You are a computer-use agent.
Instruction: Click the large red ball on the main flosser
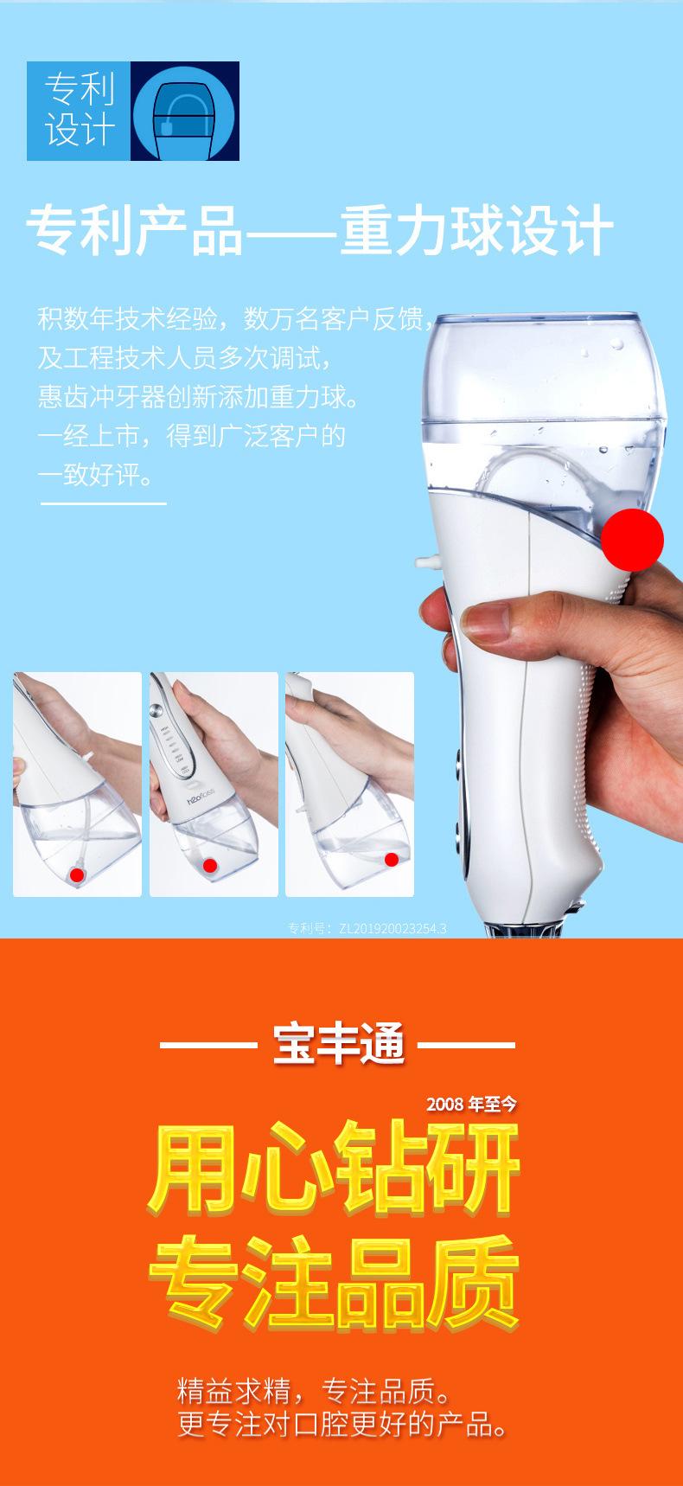pyautogui.click(x=632, y=539)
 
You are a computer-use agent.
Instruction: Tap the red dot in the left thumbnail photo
pyautogui.click(x=77, y=874)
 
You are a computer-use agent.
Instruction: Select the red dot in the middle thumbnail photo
pyautogui.click(x=209, y=865)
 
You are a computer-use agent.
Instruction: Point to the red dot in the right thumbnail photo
pyautogui.click(x=391, y=859)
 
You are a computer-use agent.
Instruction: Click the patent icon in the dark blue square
pyautogui.click(x=184, y=111)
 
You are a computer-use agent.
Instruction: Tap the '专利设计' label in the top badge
pyautogui.click(x=79, y=111)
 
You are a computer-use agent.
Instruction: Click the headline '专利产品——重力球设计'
pyautogui.click(x=320, y=230)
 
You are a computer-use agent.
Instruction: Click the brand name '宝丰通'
pyautogui.click(x=338, y=1044)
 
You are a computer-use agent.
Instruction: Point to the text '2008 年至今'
pyautogui.click(x=471, y=1104)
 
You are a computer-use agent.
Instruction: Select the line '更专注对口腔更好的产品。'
pyautogui.click(x=341, y=1423)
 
